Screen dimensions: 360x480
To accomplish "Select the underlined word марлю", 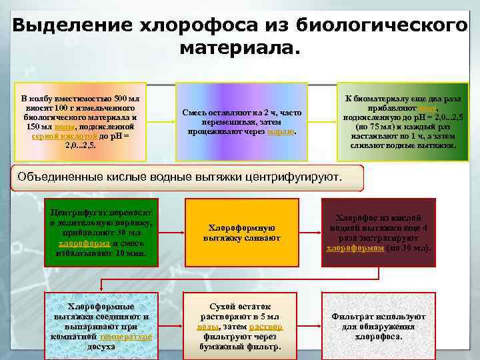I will (280, 132).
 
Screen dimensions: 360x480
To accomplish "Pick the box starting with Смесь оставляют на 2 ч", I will (240, 121).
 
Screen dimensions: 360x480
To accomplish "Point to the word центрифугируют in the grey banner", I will (294, 178).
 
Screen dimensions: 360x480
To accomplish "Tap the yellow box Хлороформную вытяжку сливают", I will (241, 233).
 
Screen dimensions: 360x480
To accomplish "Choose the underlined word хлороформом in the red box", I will (355, 248).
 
